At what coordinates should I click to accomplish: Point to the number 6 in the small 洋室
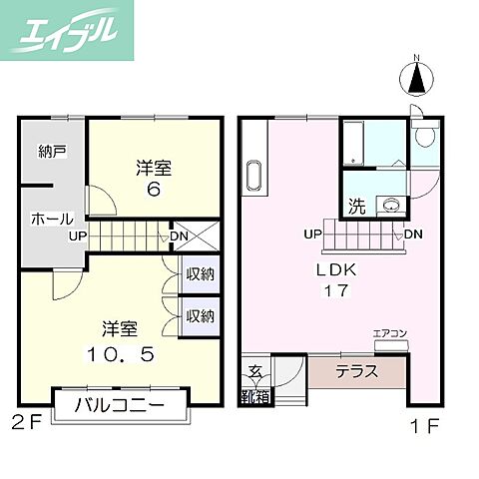coord(154,190)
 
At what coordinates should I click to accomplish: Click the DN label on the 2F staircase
coord(180,237)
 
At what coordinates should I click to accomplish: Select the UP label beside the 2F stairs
coord(78,237)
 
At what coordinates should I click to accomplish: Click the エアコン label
coord(389,333)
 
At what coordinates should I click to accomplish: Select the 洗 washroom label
coord(356,208)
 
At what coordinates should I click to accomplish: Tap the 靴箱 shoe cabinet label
coord(254,395)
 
